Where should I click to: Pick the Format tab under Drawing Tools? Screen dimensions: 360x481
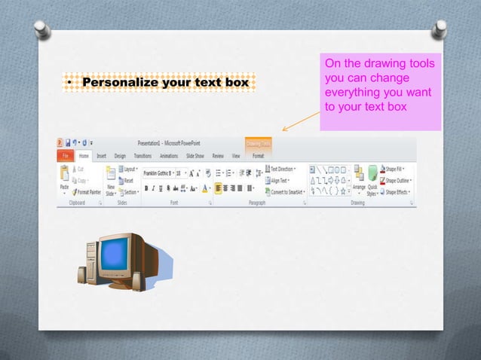point(258,156)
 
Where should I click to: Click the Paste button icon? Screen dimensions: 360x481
point(65,175)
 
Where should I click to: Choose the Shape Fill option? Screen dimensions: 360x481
point(397,169)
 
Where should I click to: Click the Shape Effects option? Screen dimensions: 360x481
point(397,192)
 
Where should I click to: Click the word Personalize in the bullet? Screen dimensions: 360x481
point(113,81)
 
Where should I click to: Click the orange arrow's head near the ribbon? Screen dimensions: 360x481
point(284,130)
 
